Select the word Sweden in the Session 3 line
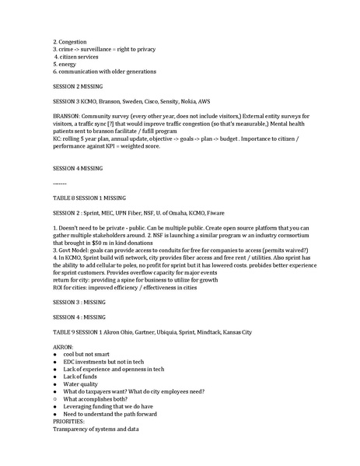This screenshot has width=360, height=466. pyautogui.click(x=150, y=102)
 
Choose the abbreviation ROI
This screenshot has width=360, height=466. pyautogui.click(x=59, y=286)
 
